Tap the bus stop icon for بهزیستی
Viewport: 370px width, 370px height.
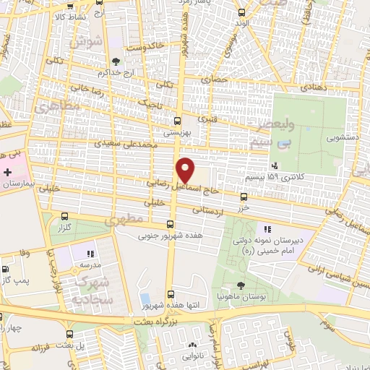pyautogui.click(x=178, y=121)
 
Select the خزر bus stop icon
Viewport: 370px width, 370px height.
pyautogui.click(x=244, y=196)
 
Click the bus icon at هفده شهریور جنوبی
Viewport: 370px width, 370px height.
pyautogui.click(x=171, y=224)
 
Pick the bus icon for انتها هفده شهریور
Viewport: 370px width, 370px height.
pyautogui.click(x=171, y=293)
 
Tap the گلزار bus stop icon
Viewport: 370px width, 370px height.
pyautogui.click(x=66, y=215)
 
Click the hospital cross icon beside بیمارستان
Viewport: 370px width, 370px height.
pyautogui.click(x=7, y=173)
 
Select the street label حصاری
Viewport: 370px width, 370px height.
pyautogui.click(x=215, y=79)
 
